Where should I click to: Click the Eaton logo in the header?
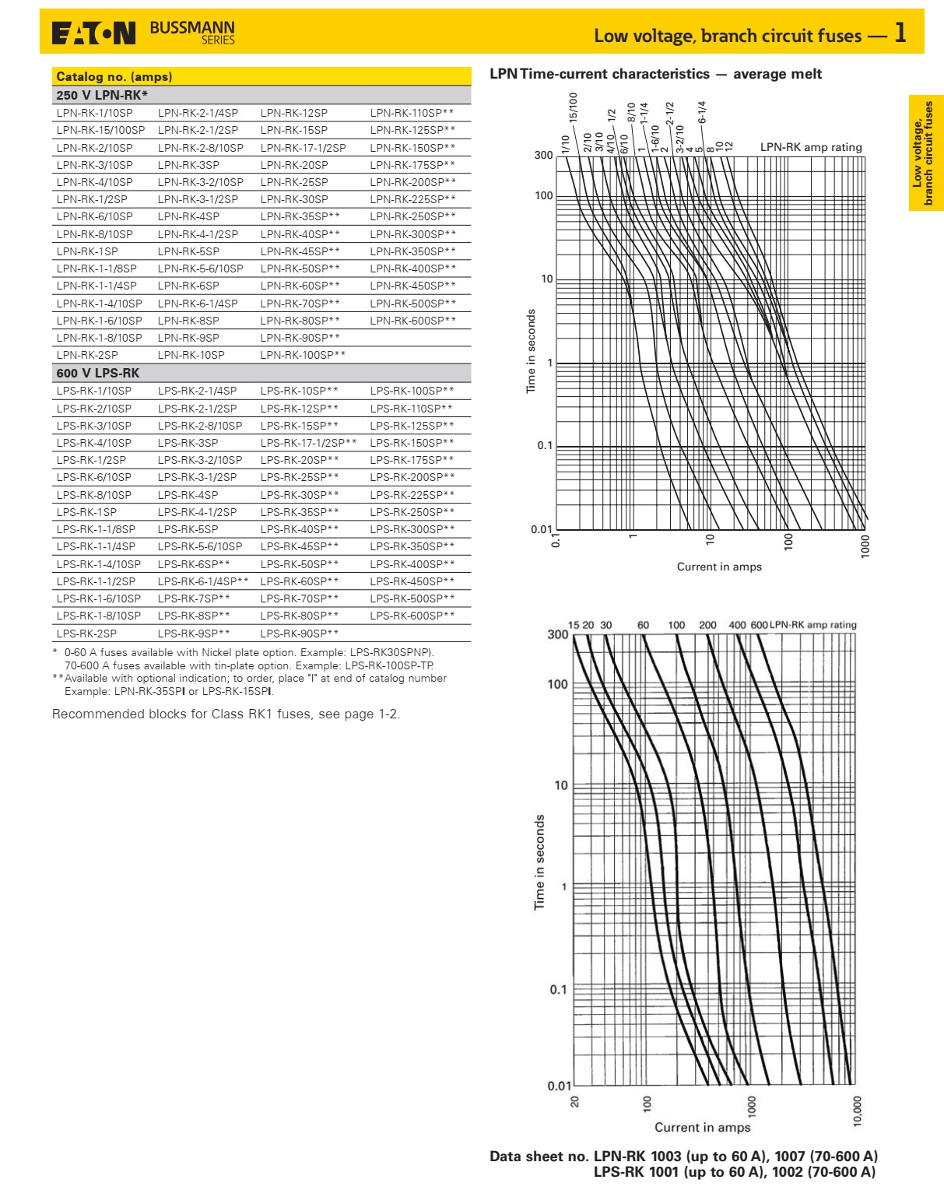point(93,33)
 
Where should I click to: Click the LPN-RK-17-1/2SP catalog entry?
point(303,148)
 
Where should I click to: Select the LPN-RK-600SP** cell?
point(412,321)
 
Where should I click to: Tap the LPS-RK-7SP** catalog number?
point(194,599)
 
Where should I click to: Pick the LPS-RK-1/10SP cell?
point(94,391)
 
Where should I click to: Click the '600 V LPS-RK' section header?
point(98,373)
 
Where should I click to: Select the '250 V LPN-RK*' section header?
point(102,95)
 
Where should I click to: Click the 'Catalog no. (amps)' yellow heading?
point(114,76)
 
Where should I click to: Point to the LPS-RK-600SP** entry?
point(412,616)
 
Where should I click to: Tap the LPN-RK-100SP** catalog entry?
point(303,355)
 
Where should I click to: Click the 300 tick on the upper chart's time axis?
point(543,155)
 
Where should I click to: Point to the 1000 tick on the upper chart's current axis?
point(865,546)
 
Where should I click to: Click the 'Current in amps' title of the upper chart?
point(719,567)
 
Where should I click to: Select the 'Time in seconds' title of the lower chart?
point(539,862)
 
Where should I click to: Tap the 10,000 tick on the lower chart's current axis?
point(858,1111)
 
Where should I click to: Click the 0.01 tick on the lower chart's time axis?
point(559,1086)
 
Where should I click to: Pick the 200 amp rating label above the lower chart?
point(707,625)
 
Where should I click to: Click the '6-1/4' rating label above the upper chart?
point(702,112)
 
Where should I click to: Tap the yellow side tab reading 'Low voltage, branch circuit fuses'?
point(926,153)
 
